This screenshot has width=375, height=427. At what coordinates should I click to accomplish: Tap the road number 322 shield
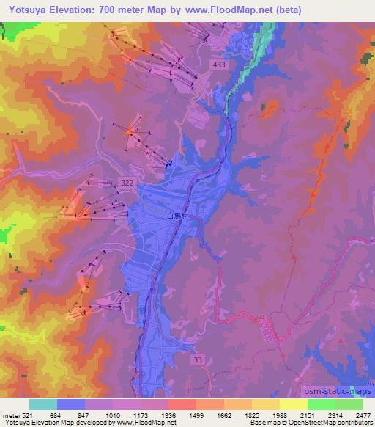tap(127, 180)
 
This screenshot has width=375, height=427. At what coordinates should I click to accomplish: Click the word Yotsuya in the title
tap(28, 10)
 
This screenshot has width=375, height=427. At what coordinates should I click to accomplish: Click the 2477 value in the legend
tap(363, 415)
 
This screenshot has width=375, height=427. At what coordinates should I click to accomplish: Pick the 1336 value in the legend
tap(169, 415)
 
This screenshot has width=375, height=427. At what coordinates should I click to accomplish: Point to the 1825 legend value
tap(253, 415)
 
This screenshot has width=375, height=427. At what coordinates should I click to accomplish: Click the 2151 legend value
tap(308, 415)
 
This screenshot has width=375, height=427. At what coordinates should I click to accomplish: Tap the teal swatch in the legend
tap(44, 404)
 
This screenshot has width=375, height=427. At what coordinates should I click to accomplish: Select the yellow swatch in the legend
tap(294, 404)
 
